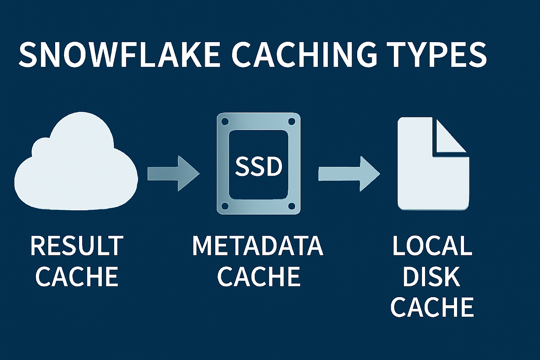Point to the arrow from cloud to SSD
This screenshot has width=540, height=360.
[x=173, y=173]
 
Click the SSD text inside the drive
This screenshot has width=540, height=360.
[x=258, y=167]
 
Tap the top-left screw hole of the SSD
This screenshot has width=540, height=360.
[x=225, y=122]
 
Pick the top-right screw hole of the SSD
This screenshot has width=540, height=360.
[x=292, y=122]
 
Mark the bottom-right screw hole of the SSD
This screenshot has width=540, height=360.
[x=292, y=206]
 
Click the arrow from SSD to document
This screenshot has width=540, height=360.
[x=349, y=174]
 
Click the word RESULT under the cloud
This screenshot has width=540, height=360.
[x=77, y=246]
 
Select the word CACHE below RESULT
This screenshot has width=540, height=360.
[x=77, y=276]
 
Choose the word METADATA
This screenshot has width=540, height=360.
[x=258, y=246]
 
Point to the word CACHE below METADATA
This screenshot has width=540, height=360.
[x=258, y=276]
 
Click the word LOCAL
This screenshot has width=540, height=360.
[x=432, y=246]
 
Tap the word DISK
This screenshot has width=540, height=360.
[x=431, y=276]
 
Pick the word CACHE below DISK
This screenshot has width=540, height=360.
[x=432, y=307]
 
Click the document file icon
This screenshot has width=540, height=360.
[x=428, y=174]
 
